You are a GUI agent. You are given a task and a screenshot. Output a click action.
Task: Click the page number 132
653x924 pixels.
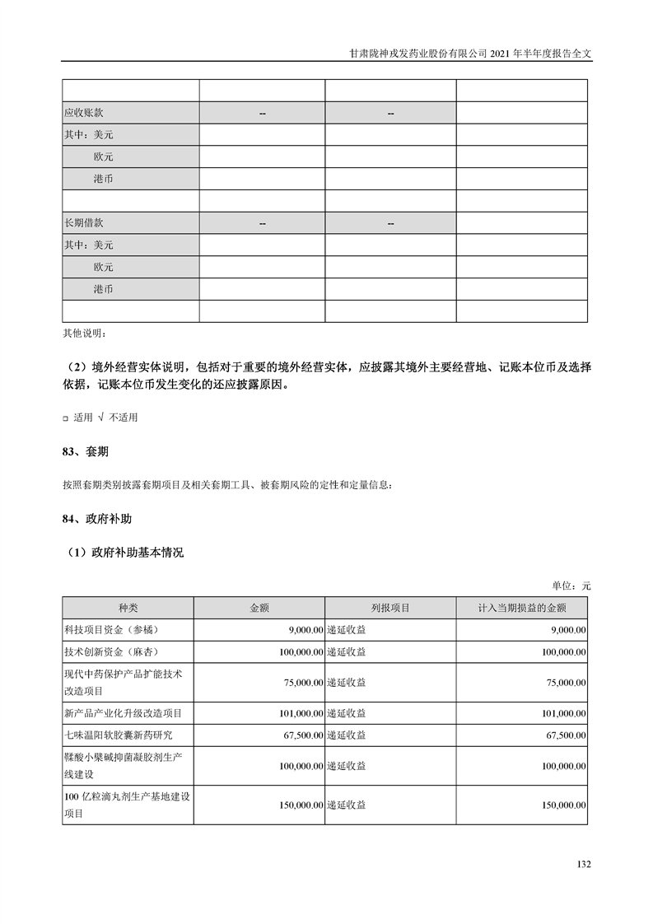coord(584,864)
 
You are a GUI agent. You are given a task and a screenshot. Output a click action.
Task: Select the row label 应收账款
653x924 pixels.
coord(84,113)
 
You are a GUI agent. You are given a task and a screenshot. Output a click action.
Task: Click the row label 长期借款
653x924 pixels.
coord(84,223)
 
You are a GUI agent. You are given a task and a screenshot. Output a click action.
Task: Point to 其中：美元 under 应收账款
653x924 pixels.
coord(89,135)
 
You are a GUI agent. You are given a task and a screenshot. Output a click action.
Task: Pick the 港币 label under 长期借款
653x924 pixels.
coord(104,290)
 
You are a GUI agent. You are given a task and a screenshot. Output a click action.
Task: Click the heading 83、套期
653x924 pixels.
coord(86,452)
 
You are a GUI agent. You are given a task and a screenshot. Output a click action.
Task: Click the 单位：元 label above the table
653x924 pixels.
coord(571,586)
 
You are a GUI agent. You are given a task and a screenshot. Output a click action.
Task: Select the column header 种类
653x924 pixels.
coord(128,608)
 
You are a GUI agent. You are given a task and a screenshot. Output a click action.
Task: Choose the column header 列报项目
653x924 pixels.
coord(390,608)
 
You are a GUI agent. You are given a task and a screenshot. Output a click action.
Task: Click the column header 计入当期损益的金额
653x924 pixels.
coord(521,608)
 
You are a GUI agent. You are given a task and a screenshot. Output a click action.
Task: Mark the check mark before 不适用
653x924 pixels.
coord(100,418)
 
